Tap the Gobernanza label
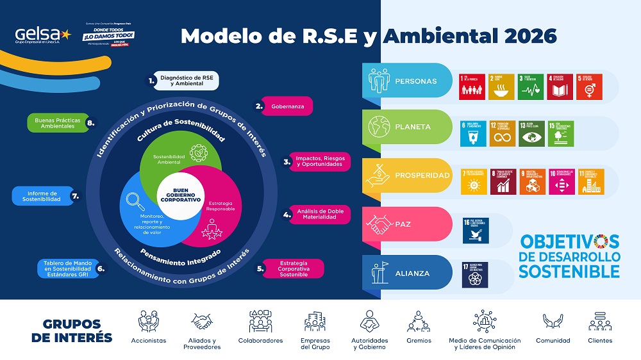coord(288,106)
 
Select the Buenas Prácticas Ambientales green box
coord(55,122)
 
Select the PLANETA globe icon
coord(377,127)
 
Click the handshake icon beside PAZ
coord(378,224)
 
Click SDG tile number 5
coord(588,86)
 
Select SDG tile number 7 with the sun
coord(473,181)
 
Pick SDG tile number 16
coord(475,231)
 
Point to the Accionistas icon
coord(148,321)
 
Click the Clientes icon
coord(599,320)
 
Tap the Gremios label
coord(419,341)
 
